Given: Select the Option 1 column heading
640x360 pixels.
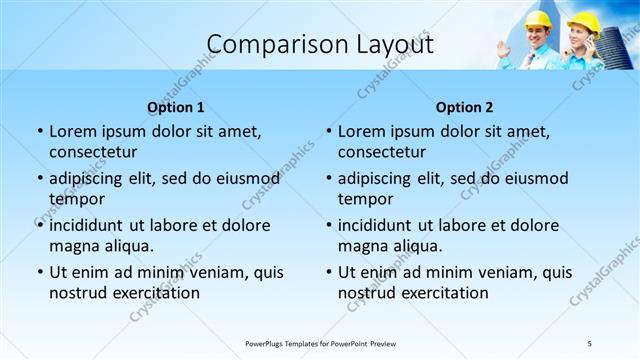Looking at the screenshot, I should tap(175, 107).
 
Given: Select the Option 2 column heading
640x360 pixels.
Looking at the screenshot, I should tap(464, 107).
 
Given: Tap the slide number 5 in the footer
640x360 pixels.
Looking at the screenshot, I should tap(589, 343).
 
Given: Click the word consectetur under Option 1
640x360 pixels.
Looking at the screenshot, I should tap(93, 152).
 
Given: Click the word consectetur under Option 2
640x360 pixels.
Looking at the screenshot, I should tap(382, 152).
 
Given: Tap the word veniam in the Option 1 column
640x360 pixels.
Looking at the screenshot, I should tap(206, 272).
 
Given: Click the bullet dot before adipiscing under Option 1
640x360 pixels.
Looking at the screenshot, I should tap(39, 179).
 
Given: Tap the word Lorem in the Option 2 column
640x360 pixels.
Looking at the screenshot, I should tap(361, 131).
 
